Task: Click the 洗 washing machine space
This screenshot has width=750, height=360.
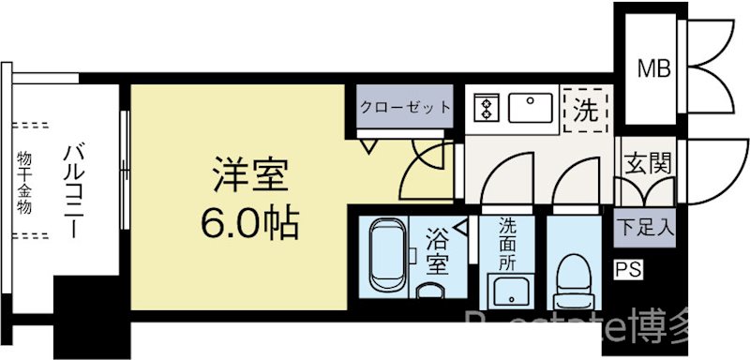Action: (x=585, y=111)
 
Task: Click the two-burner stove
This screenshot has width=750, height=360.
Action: (x=487, y=110)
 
